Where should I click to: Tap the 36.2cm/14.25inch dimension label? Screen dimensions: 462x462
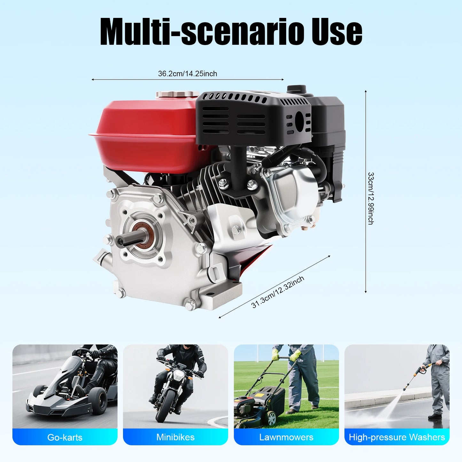[x=187, y=74]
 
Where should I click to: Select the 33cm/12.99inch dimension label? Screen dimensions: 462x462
[x=371, y=198]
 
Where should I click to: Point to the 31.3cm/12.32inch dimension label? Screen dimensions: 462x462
[x=278, y=292]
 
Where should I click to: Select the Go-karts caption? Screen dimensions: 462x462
[x=65, y=437]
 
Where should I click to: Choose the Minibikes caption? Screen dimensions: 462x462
[x=176, y=437]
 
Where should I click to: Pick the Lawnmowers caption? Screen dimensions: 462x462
[x=286, y=437]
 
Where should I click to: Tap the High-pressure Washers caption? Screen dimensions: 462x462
[x=397, y=437]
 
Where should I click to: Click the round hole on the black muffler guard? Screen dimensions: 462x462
[x=299, y=121]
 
